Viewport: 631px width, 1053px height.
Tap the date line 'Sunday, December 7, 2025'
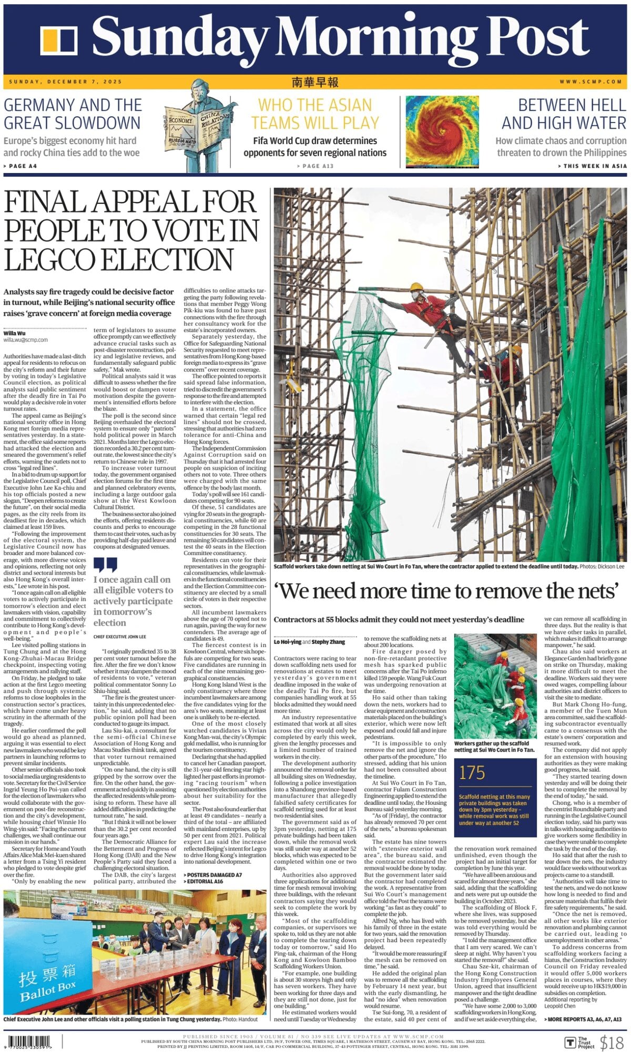(65, 82)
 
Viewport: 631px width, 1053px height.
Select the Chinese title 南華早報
(315, 82)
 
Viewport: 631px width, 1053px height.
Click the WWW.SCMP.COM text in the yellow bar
(591, 82)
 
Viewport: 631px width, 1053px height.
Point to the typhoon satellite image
(442, 131)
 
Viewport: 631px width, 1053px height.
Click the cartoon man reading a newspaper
(202, 126)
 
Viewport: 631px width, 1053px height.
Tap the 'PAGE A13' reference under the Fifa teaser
(315, 166)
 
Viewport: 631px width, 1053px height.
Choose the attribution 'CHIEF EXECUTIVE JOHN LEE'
(120, 637)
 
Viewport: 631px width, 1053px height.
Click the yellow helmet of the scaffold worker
(416, 287)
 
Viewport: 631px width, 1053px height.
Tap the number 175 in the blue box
(472, 772)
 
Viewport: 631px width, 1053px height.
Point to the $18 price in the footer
(612, 1041)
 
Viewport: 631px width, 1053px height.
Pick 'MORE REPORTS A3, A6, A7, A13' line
(584, 1019)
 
